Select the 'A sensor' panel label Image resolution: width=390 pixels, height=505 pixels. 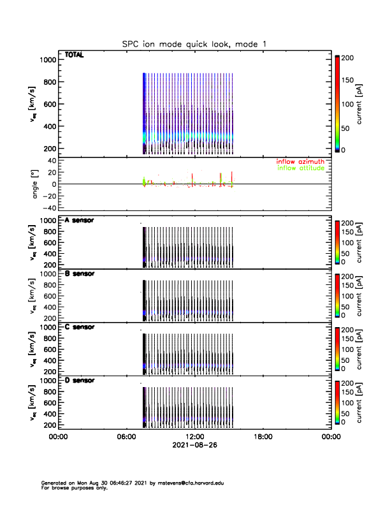pyautogui.click(x=80, y=220)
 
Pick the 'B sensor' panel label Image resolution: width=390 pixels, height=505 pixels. pyautogui.click(x=80, y=274)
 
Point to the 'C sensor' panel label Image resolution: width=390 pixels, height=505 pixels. pyautogui.click(x=80, y=326)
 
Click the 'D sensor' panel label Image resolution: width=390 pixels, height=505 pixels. pyautogui.click(x=80, y=380)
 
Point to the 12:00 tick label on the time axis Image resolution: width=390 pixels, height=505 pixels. pyautogui.click(x=194, y=437)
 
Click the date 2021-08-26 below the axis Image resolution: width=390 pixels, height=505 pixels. pyautogui.click(x=194, y=445)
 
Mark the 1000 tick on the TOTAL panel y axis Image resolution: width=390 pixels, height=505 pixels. pyautogui.click(x=48, y=60)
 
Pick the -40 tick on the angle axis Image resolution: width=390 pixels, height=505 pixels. pyautogui.click(x=47, y=208)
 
